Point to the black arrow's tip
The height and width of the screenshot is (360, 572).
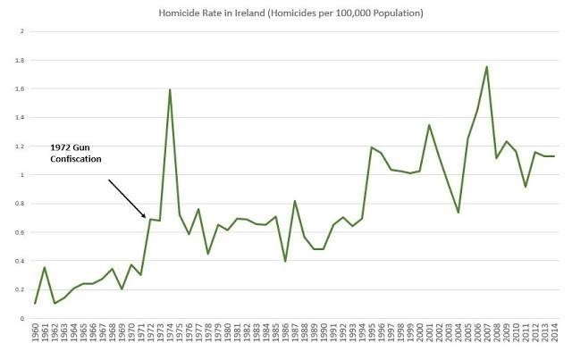pos(146,217)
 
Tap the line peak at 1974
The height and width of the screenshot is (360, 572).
pos(170,89)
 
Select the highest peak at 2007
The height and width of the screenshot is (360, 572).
pos(486,66)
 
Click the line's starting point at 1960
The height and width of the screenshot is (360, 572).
pos(35,304)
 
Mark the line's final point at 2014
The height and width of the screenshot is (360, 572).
pos(555,156)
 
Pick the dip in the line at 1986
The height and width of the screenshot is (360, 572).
pos(285,262)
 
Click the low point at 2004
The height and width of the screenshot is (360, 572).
pos(458,213)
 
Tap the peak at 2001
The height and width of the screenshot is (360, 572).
pos(429,125)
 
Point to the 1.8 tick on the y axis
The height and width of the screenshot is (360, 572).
pos(20,61)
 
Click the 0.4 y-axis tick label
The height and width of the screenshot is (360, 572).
pos(20,261)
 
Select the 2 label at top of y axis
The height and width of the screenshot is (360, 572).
pos(21,32)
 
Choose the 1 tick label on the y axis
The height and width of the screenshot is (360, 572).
pos(21,175)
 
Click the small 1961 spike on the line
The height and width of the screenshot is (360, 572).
pos(45,267)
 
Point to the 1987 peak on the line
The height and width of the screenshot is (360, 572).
pos(295,201)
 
